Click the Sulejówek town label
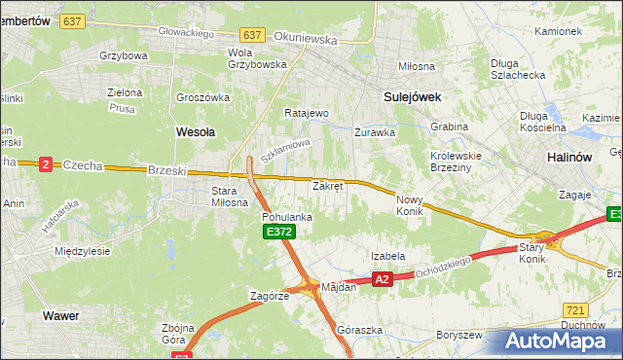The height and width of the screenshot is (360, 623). click(x=413, y=97)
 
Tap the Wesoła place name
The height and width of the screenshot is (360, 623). click(x=195, y=130)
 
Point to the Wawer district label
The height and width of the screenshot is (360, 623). click(x=60, y=315)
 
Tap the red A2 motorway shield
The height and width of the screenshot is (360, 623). click(x=382, y=279)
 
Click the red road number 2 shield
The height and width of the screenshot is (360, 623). click(x=46, y=164)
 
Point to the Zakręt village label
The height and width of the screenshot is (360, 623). click(x=327, y=185)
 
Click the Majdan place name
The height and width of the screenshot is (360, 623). click(x=339, y=287)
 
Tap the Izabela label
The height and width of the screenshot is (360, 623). click(x=387, y=256)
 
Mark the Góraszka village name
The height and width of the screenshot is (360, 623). click(x=354, y=330)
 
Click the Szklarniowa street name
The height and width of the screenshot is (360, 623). click(x=284, y=150)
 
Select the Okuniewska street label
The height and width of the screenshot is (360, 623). click(x=306, y=41)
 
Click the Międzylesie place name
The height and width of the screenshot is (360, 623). click(x=82, y=250)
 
